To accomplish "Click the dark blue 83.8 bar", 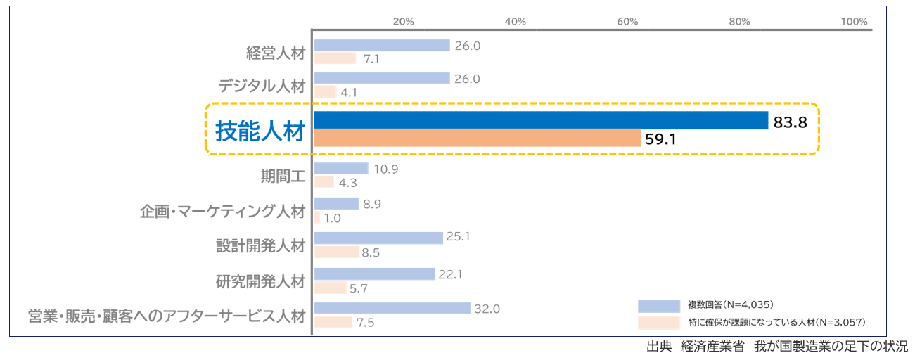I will tap(540, 120).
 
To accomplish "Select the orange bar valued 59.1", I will tap(477, 138).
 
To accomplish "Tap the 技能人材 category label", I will tap(260, 131).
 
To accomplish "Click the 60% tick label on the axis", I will tap(627, 21).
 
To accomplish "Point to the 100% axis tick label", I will tap(854, 21).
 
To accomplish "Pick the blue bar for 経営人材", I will tap(381, 46).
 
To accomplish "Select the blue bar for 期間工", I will tap(340, 169).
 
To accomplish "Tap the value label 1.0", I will tap(332, 219).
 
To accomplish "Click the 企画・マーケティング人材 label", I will tap(223, 211).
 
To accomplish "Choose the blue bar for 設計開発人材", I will tap(378, 238).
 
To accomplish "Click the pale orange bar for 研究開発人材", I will tap(330, 288).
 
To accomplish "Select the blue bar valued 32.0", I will tap(392, 308).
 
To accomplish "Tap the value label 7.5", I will tap(366, 323).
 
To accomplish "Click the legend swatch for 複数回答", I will tap(658, 305).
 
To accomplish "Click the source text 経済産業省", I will tap(712, 347).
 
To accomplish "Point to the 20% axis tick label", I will tap(403, 21).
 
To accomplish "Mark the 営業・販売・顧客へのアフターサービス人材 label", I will tap(167, 315).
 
